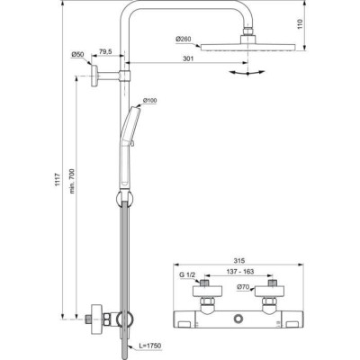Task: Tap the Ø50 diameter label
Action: point(77,56)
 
